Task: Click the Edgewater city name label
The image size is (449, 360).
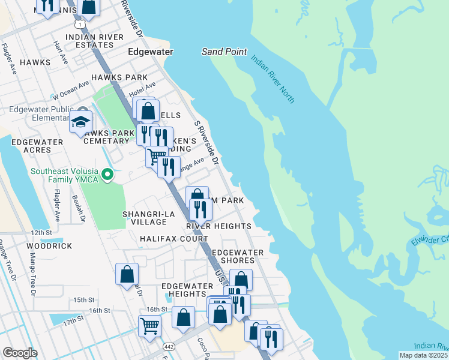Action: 151,52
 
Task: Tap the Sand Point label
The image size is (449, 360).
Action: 224,52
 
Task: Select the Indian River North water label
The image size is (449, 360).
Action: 273,79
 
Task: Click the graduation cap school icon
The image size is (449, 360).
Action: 80,123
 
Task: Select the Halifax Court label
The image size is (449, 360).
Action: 174,239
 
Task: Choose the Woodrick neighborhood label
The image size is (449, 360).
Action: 49,246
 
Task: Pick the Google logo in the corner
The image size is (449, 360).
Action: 20,353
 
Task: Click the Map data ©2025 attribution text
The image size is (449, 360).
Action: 423,355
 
